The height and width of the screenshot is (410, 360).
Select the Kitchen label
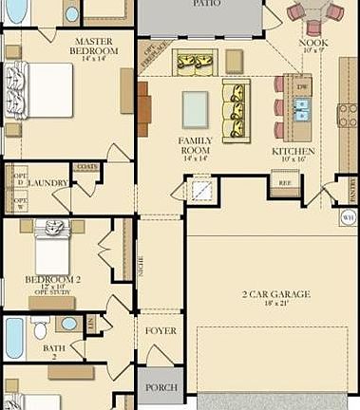[x=293, y=151]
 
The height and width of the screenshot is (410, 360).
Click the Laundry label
[x=48, y=182]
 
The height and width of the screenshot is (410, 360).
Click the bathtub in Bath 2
[x=14, y=338]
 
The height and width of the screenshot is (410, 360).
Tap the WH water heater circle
[x=348, y=217]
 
